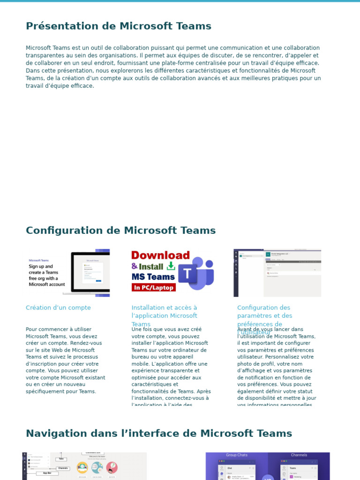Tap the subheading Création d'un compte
coord(58,308)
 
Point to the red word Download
coord(160,255)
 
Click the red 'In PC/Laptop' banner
coord(153,287)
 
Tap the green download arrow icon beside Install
coord(171,266)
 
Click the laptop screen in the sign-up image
coord(92,272)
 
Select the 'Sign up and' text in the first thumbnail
coord(41,266)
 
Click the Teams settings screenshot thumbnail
coord(277,273)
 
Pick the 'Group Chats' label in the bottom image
coord(237,455)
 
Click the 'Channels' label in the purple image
coord(299,455)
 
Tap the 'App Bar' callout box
coord(47,473)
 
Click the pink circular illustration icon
coord(112,467)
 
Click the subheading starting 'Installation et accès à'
coord(164,308)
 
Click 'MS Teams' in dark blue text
coord(153,277)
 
